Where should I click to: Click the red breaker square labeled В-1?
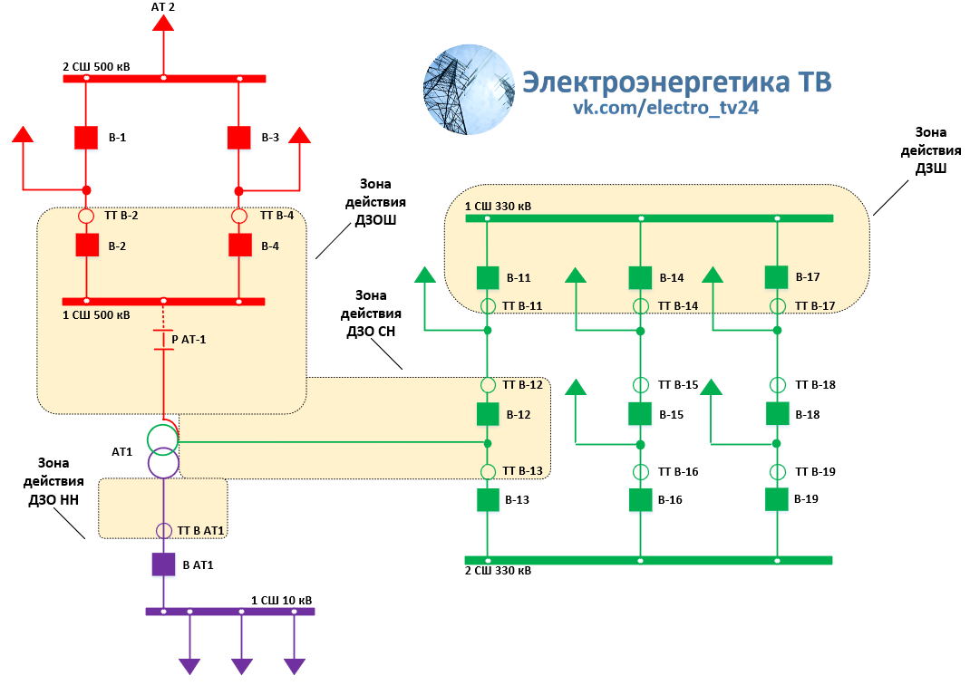[86, 138]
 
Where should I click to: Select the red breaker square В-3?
[238, 138]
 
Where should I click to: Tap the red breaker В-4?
[239, 246]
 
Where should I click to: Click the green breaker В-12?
[488, 414]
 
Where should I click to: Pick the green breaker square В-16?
[641, 499]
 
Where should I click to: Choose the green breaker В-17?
[777, 276]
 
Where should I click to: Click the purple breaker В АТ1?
[163, 564]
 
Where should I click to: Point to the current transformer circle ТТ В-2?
[86, 217]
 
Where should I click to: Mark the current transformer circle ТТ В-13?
[488, 471]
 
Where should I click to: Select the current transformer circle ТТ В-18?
[777, 385]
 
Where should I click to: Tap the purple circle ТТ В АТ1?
[163, 531]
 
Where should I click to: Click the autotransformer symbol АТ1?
[163, 450]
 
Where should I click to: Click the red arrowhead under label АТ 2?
[163, 23]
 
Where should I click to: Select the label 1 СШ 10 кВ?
[281, 601]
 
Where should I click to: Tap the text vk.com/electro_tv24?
[665, 108]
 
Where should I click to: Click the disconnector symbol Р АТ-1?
[163, 340]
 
